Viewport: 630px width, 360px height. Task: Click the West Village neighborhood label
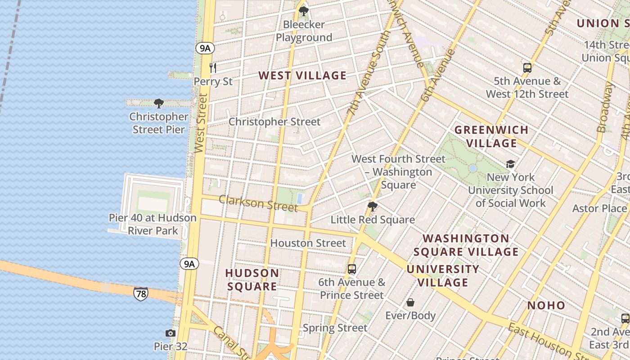click(x=302, y=76)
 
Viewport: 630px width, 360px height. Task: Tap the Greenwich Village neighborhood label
click(x=491, y=136)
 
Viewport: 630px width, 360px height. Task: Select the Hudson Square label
click(x=252, y=279)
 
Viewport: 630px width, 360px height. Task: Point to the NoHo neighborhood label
click(x=546, y=306)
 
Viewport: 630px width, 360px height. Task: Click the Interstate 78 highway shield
click(x=140, y=294)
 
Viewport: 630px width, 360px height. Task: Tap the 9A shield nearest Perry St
click(x=204, y=48)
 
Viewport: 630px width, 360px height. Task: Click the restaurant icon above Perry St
click(x=213, y=68)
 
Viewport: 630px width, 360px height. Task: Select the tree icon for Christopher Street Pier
click(x=158, y=103)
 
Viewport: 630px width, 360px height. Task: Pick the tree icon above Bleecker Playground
click(x=304, y=11)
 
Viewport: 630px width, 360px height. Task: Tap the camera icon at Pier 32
click(x=170, y=333)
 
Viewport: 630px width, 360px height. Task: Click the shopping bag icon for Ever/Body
click(x=410, y=302)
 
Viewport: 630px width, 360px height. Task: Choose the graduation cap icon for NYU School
click(x=510, y=164)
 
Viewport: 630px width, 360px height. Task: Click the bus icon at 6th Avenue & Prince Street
click(x=352, y=269)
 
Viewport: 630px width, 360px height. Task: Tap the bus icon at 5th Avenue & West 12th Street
click(x=527, y=68)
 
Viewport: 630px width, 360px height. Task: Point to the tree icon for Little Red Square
click(x=372, y=207)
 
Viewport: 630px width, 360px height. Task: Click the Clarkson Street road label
click(x=258, y=203)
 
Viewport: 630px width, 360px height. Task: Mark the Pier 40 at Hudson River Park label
click(x=153, y=224)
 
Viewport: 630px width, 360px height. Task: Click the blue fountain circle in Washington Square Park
click(x=472, y=168)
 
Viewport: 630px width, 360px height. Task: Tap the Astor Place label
click(x=599, y=208)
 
